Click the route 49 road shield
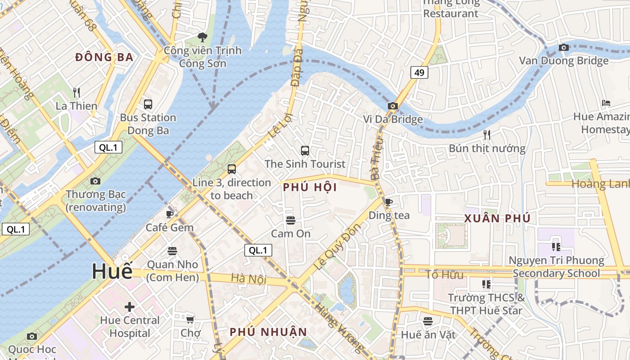[419, 72]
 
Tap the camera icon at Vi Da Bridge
[393, 106]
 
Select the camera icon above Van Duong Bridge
[563, 47]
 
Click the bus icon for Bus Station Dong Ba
[148, 104]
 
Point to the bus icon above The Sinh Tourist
[305, 151]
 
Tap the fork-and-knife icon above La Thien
[76, 93]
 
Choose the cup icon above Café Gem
[170, 214]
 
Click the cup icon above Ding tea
[389, 202]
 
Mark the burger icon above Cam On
[290, 220]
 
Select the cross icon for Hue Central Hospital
[130, 307]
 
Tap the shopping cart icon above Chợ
[190, 319]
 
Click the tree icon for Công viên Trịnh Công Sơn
[202, 37]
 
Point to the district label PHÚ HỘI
[310, 188]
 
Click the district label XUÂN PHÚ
[497, 219]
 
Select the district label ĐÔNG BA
[104, 57]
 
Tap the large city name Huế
[112, 271]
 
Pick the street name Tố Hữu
[444, 274]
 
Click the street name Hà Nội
[248, 279]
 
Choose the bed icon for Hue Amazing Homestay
[606, 103]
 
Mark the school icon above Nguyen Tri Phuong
[556, 247]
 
